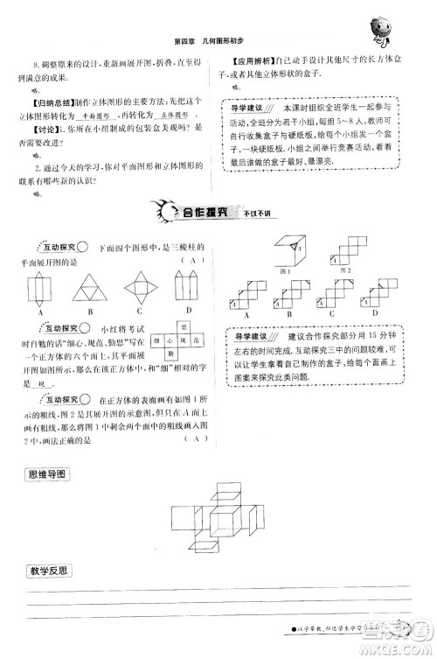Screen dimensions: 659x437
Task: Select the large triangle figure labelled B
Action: pos(90,285)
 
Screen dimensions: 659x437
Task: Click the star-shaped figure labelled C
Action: pos(140,285)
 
